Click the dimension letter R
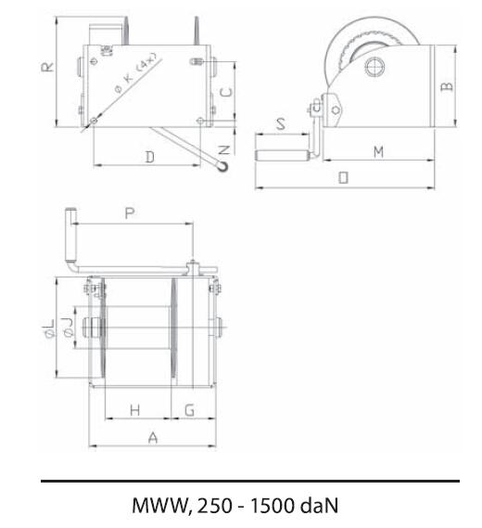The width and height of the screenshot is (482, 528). [x=48, y=66]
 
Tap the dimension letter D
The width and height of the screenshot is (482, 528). [x=150, y=157]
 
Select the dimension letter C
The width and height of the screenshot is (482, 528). [x=226, y=92]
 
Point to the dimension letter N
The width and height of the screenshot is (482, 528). [x=224, y=149]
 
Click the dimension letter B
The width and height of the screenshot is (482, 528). [x=447, y=86]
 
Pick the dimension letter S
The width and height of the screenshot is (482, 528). [x=281, y=124]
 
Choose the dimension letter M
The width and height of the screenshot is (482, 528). [x=379, y=152]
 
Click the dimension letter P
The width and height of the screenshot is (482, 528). [x=130, y=213]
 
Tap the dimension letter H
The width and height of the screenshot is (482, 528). [x=135, y=410]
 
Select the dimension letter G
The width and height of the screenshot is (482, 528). [x=190, y=410]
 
